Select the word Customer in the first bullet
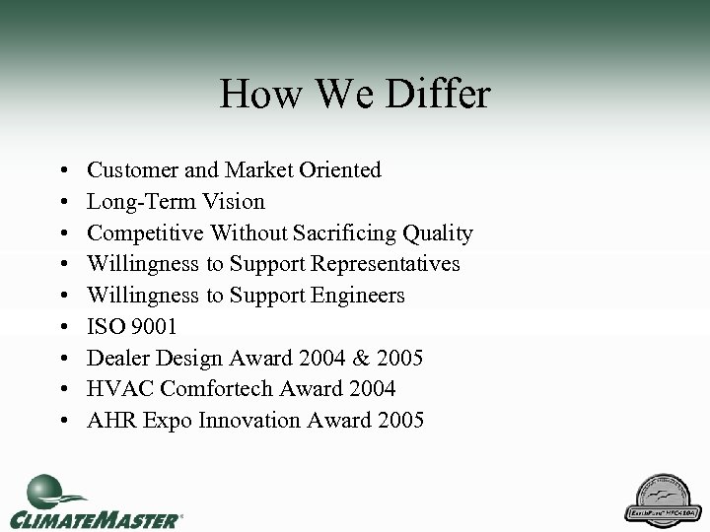131,169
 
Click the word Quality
439,233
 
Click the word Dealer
117,358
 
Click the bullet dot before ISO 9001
62,327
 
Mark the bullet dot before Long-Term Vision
62,202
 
